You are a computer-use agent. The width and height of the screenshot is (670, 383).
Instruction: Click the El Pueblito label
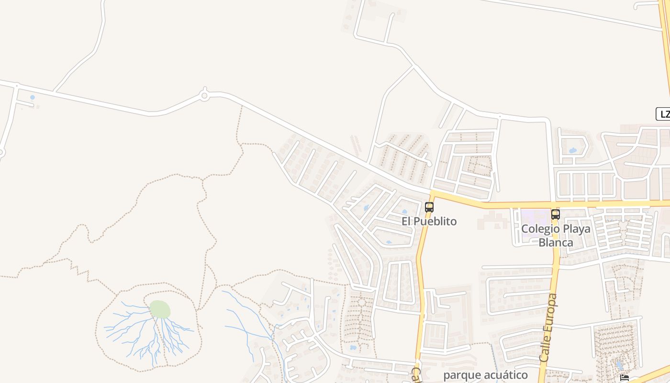[429, 221]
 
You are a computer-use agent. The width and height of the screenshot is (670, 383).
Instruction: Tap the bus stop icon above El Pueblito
[429, 207]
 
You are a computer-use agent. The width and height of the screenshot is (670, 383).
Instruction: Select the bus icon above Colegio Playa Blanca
[555, 214]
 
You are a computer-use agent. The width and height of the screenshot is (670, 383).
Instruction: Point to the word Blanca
[556, 242]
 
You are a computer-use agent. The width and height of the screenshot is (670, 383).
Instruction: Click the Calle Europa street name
[548, 328]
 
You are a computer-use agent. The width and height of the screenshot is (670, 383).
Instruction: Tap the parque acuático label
[485, 375]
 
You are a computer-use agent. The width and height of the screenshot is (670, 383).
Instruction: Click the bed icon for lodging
[625, 378]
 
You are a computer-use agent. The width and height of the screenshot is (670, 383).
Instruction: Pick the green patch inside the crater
[160, 309]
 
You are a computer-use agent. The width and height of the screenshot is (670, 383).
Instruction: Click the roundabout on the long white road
[204, 96]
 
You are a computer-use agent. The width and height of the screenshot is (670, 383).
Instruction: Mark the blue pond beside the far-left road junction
[32, 97]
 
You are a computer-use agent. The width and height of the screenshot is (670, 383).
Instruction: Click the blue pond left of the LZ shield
[572, 150]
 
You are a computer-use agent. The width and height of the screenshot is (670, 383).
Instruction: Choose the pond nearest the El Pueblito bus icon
[404, 211]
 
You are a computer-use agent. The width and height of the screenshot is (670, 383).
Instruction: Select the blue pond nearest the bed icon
[619, 366]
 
